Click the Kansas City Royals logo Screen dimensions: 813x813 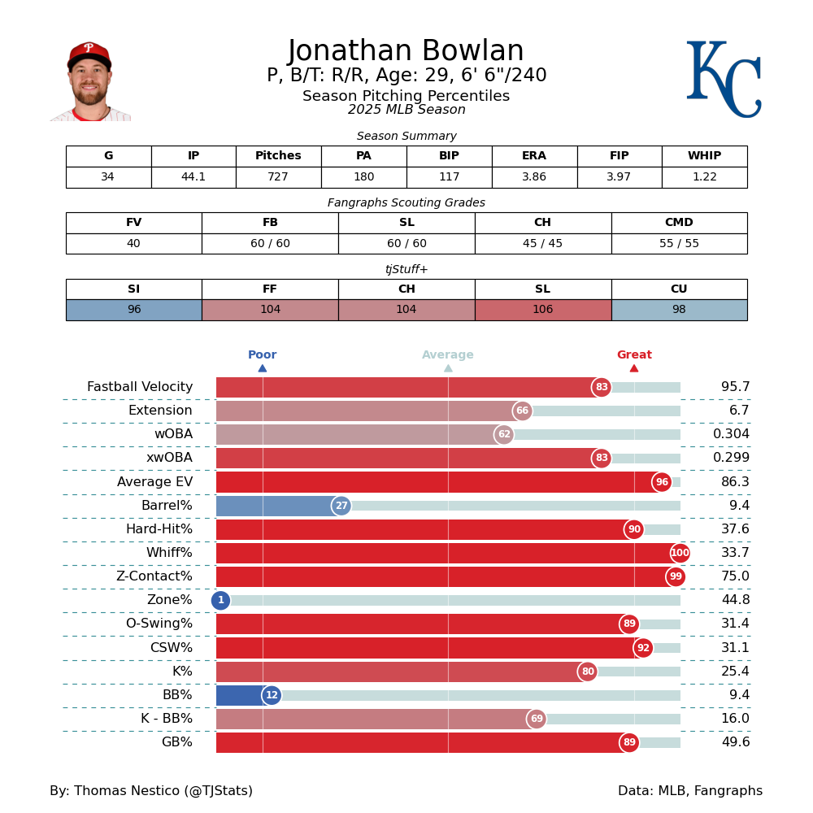[x=724, y=79]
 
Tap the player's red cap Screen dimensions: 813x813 [x=89, y=53]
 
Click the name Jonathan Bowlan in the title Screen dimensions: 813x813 [x=406, y=52]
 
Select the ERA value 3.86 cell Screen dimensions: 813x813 [x=534, y=177]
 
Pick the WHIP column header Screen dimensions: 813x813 [x=704, y=156]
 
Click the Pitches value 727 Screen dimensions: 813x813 [x=278, y=177]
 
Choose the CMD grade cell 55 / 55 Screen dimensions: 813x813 [x=679, y=244]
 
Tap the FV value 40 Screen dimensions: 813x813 [x=133, y=244]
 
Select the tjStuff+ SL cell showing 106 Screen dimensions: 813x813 [x=542, y=310]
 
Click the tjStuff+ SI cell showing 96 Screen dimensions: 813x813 [x=133, y=310]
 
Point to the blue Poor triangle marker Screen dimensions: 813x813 [x=263, y=368]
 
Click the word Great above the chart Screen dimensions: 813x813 [x=634, y=355]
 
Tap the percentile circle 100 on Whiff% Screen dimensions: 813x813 [x=680, y=553]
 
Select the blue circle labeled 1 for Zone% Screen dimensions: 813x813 [x=220, y=601]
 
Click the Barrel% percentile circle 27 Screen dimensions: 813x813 [x=341, y=506]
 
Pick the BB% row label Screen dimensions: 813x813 [x=177, y=695]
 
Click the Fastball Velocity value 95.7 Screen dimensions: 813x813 [x=735, y=387]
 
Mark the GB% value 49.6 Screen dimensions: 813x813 [x=735, y=742]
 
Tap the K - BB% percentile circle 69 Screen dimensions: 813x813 [x=537, y=719]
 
